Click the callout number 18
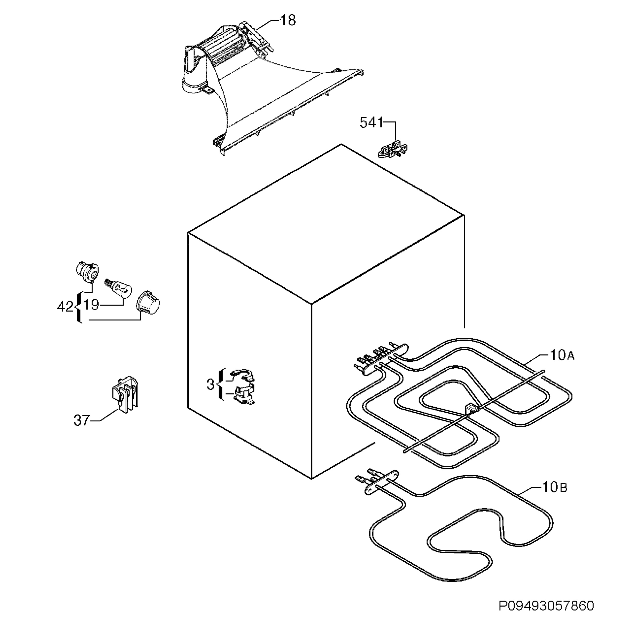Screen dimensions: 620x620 pos(288,21)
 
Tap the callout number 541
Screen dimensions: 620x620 pos(371,123)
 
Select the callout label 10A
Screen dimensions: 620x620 pos(562,355)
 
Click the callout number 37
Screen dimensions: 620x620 pos(81,420)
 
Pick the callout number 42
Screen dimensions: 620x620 pos(65,307)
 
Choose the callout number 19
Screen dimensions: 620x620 pos(91,305)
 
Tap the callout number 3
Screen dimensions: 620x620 pos(210,384)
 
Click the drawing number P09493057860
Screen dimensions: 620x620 pos(546,606)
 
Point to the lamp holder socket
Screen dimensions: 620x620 pos(87,272)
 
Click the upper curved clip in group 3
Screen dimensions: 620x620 pos(243,375)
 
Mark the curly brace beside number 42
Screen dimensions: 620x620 pos(78,307)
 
